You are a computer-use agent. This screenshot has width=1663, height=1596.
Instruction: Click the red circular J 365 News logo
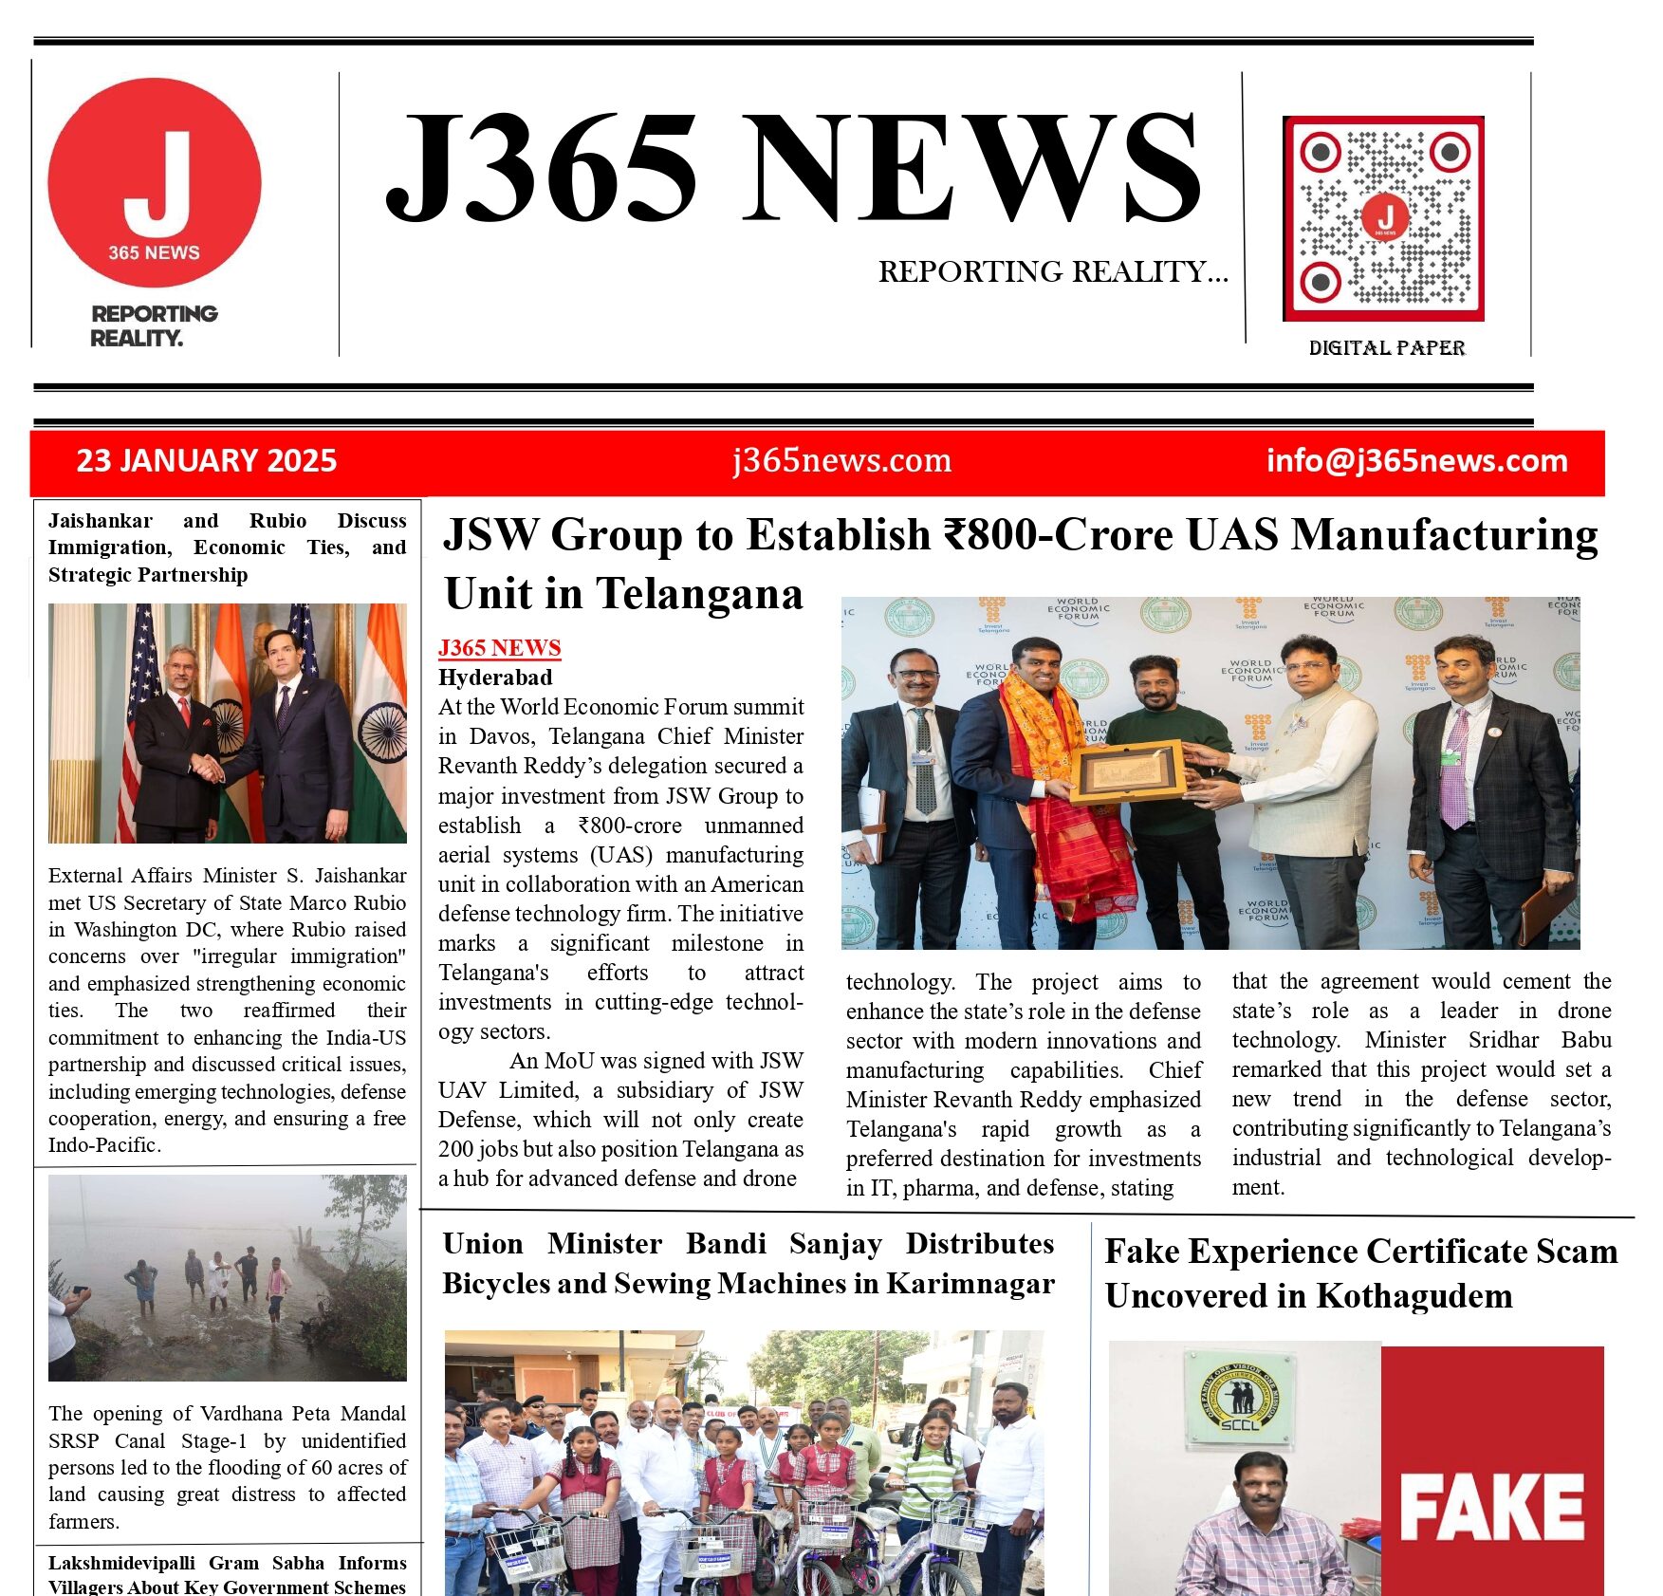pyautogui.click(x=154, y=182)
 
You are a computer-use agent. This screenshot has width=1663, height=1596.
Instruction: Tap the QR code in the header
pyautogui.click(x=1383, y=219)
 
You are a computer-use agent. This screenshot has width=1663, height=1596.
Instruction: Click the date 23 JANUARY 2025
pyautogui.click(x=206, y=461)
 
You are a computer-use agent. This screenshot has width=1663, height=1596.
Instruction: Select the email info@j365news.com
pyautogui.click(x=1416, y=461)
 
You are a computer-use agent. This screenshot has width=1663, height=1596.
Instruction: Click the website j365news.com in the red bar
pyautogui.click(x=841, y=461)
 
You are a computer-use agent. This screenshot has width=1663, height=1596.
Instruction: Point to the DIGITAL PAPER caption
pyautogui.click(x=1386, y=348)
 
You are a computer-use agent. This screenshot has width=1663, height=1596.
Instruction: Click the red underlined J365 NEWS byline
pyautogui.click(x=499, y=648)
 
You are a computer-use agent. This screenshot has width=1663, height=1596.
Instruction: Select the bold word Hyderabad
pyautogui.click(x=495, y=677)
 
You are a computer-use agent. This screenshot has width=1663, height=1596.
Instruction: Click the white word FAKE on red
pyautogui.click(x=1491, y=1507)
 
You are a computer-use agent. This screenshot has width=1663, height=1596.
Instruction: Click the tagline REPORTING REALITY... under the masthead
pyautogui.click(x=1052, y=272)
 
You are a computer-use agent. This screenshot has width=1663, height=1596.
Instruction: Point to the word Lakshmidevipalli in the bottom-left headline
pyautogui.click(x=121, y=1563)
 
